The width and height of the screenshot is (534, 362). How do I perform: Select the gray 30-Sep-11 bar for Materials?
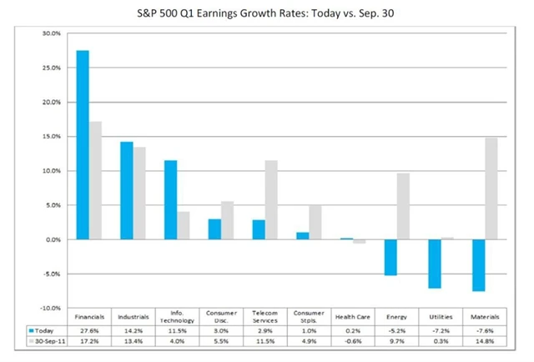click(x=491, y=189)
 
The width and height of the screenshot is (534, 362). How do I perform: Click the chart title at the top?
click(x=267, y=14)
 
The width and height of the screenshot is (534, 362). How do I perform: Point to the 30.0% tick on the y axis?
click(x=50, y=33)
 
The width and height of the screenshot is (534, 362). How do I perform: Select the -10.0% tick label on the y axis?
click(x=49, y=309)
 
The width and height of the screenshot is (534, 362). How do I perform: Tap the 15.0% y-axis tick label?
click(x=50, y=137)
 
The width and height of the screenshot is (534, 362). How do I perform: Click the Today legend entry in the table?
click(x=42, y=330)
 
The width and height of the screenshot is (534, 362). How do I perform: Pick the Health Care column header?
click(x=348, y=318)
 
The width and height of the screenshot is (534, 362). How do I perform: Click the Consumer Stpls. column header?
click(x=305, y=318)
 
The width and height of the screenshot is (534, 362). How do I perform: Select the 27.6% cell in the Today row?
click(x=89, y=330)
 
